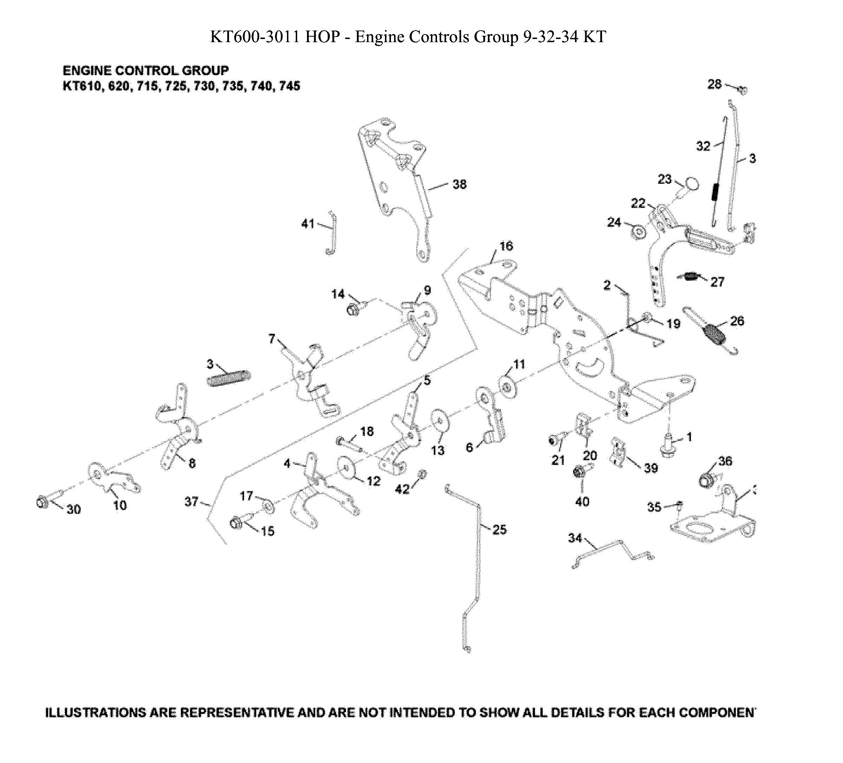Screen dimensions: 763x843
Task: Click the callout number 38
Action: coord(459,184)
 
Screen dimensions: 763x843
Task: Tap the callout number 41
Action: coord(307,224)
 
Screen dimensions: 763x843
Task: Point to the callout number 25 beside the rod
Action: coord(499,530)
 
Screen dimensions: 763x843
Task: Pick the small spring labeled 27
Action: coord(692,276)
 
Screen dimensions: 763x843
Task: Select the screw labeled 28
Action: coord(742,90)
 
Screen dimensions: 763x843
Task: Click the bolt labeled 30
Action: coord(42,502)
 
